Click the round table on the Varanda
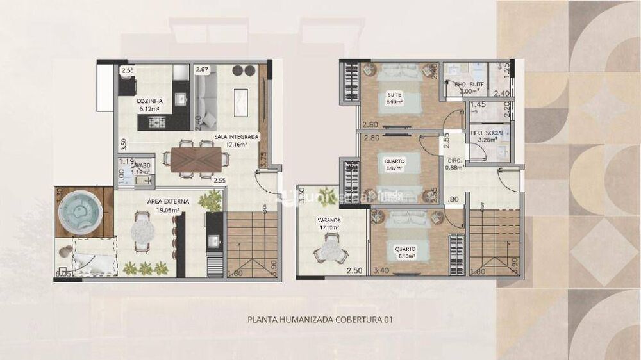(331, 247)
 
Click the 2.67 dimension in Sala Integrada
(202, 69)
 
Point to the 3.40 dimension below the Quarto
(381, 272)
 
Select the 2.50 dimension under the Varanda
(354, 272)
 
